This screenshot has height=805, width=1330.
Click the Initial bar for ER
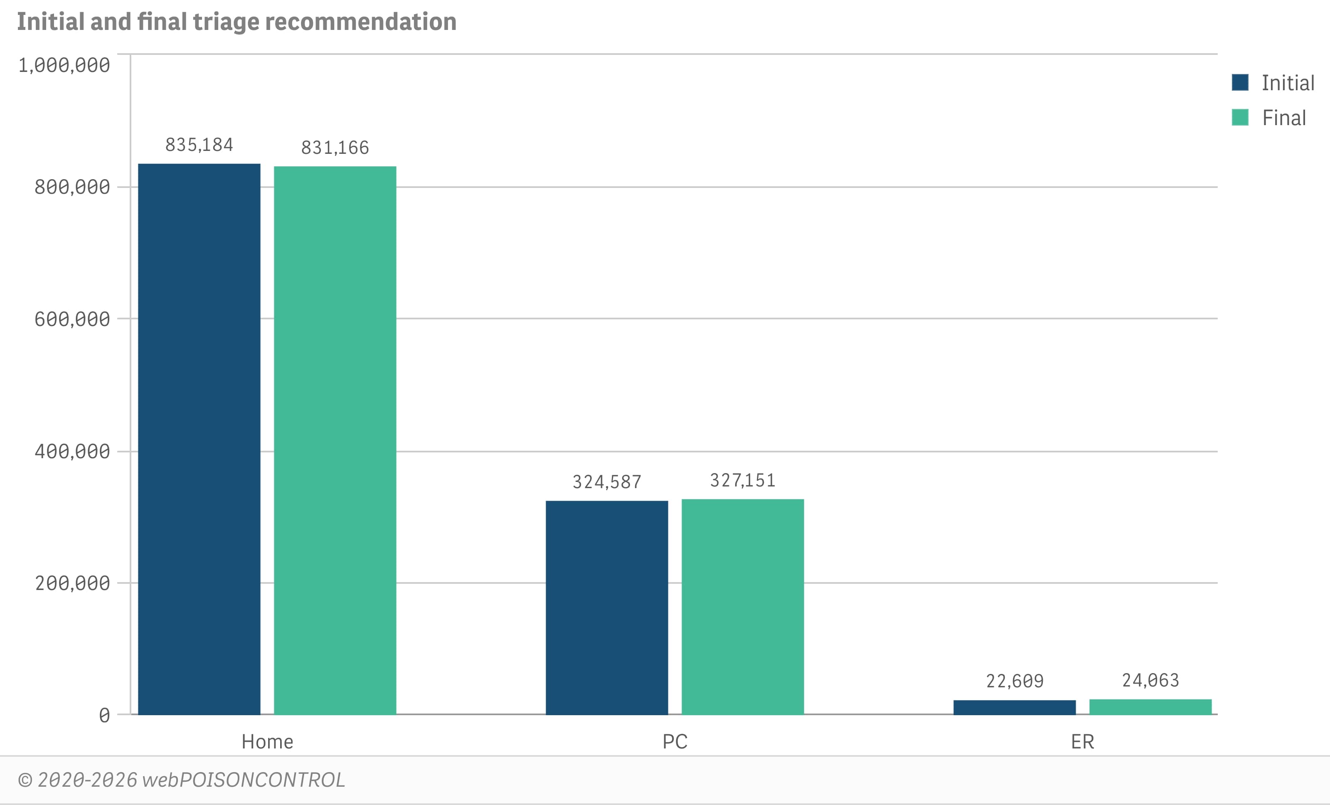(1014, 707)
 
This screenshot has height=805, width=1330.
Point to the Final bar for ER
(1150, 707)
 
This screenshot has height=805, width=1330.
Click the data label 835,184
(199, 145)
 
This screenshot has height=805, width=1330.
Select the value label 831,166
(335, 147)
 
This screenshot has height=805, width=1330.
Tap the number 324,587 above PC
(607, 482)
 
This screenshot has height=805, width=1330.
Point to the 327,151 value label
(743, 480)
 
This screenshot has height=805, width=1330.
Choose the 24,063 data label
(1150, 680)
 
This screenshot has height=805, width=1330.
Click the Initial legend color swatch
(1240, 83)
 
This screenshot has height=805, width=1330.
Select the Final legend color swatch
(1240, 117)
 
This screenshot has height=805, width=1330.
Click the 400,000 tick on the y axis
(72, 452)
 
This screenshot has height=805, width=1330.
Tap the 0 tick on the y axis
(104, 715)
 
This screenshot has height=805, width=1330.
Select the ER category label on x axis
(1082, 741)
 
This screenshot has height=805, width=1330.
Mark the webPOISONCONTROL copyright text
(181, 780)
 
